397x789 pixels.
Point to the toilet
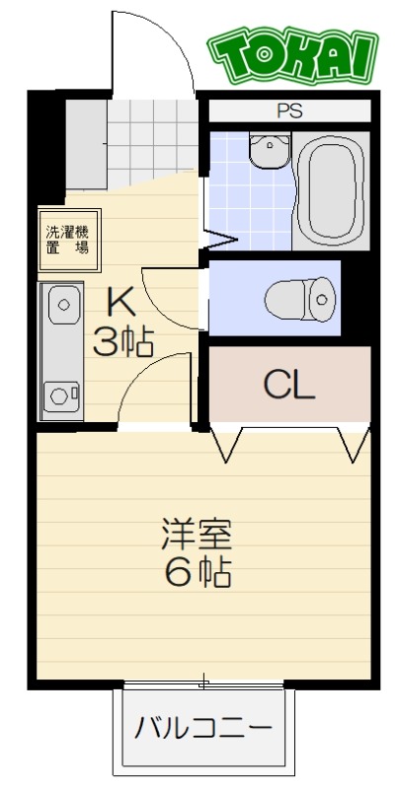(x=301, y=295)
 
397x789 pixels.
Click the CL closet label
(x=288, y=385)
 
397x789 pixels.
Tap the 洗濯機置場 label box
(x=67, y=240)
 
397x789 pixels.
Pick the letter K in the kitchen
(x=119, y=299)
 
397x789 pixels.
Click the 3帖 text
(x=122, y=342)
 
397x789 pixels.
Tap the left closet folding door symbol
(x=226, y=443)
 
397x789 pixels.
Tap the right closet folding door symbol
(x=353, y=443)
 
